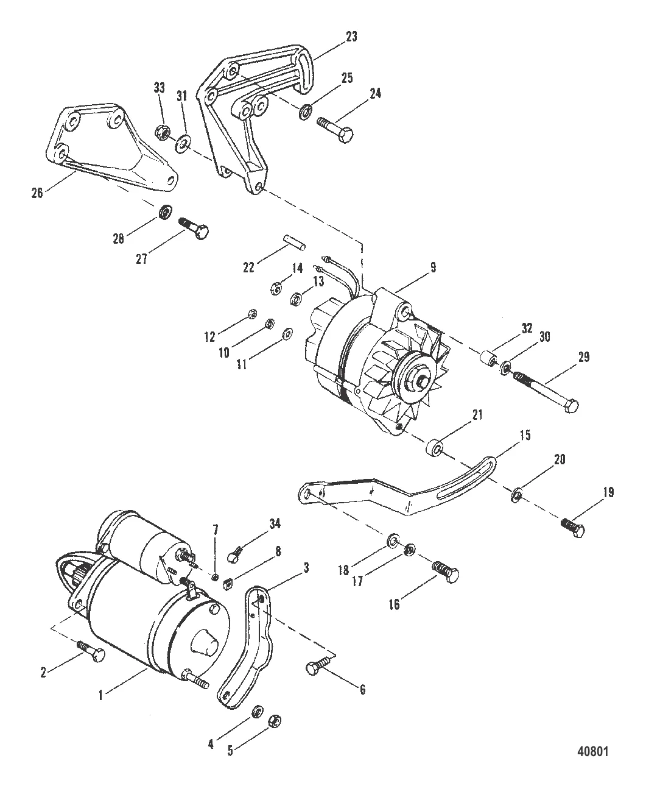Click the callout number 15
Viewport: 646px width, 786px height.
click(x=524, y=436)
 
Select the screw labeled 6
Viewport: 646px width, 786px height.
click(x=318, y=665)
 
